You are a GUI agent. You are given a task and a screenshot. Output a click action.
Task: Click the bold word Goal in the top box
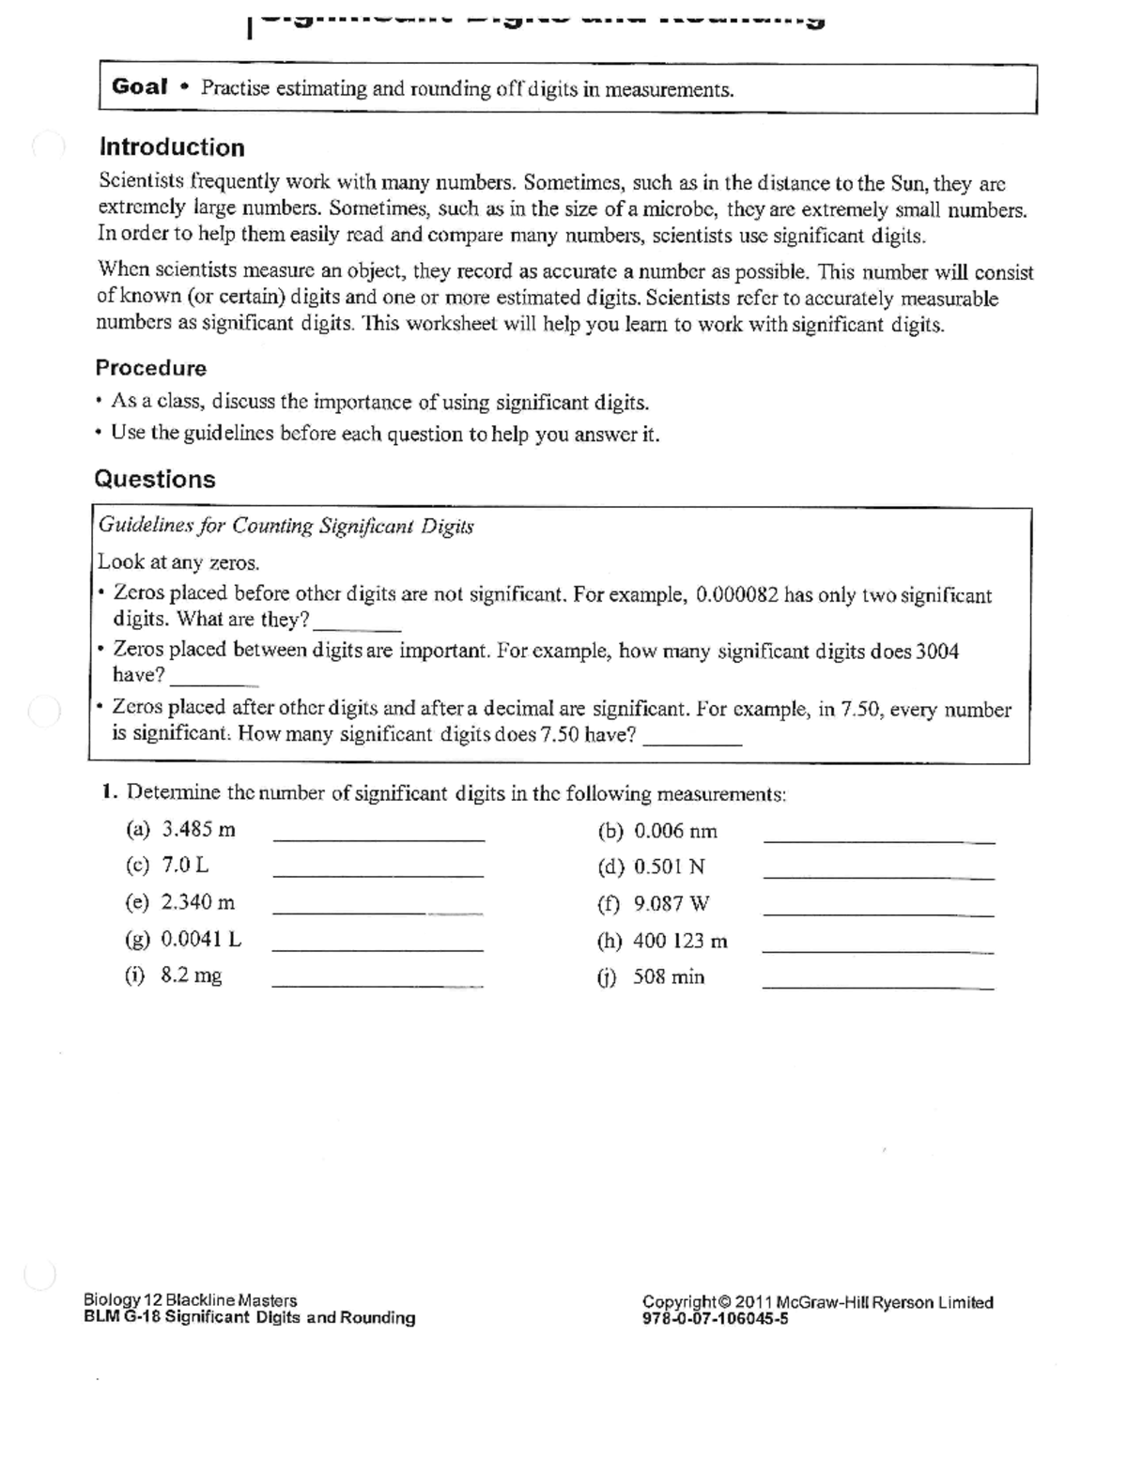pyautogui.click(x=139, y=87)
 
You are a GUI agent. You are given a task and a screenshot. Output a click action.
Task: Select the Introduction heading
pyautogui.click(x=172, y=147)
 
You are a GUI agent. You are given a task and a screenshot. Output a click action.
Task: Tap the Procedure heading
pyautogui.click(x=150, y=368)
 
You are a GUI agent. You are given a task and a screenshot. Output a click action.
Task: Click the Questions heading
pyautogui.click(x=155, y=480)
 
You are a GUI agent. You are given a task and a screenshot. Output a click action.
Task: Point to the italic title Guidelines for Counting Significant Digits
pyautogui.click(x=286, y=526)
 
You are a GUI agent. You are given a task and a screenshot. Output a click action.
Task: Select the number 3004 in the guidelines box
pyautogui.click(x=937, y=652)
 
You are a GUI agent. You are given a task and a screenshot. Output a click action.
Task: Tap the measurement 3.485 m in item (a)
pyautogui.click(x=198, y=830)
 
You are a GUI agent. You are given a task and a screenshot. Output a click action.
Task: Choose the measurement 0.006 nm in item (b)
pyautogui.click(x=675, y=831)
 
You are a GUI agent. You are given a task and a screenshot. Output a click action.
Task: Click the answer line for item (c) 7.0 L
pyautogui.click(x=378, y=875)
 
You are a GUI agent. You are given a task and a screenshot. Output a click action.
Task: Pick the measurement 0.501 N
pyautogui.click(x=669, y=867)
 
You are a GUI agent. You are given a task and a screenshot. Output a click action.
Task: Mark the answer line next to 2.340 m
pyautogui.click(x=378, y=912)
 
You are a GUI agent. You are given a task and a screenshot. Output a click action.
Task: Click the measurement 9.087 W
pyautogui.click(x=672, y=904)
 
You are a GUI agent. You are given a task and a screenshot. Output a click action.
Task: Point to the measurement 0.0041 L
pyautogui.click(x=201, y=939)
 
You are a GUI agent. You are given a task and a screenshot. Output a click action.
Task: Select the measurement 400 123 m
pyautogui.click(x=680, y=941)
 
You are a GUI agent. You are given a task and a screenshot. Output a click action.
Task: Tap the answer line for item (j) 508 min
pyautogui.click(x=878, y=988)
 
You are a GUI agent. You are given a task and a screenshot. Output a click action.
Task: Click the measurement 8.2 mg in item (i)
pyautogui.click(x=192, y=975)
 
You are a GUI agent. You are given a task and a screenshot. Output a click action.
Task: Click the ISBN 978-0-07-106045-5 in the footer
pyautogui.click(x=715, y=1318)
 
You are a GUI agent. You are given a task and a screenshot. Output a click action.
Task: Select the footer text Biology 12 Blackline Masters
pyautogui.click(x=190, y=1300)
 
